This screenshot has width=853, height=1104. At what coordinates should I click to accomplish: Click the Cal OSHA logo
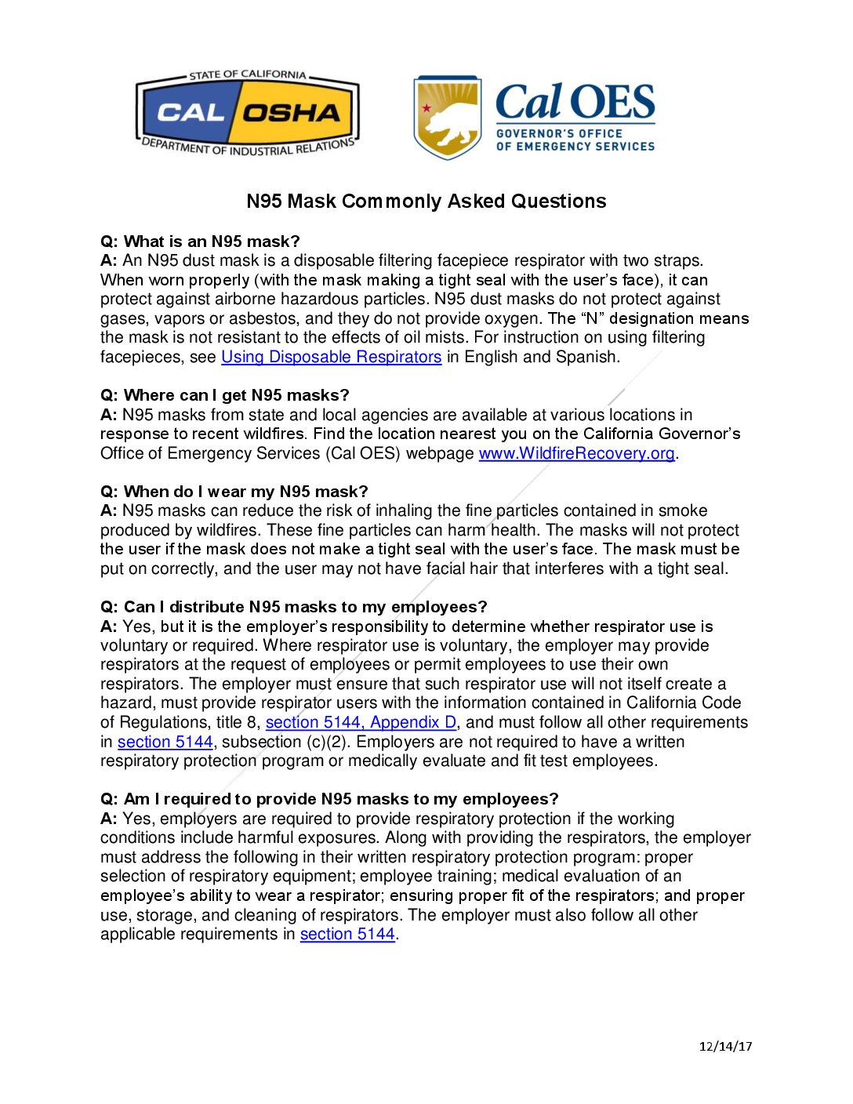click(x=248, y=113)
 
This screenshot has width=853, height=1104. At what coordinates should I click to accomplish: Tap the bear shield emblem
click(x=447, y=118)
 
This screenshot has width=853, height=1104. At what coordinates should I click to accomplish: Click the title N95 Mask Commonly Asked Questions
click(x=426, y=202)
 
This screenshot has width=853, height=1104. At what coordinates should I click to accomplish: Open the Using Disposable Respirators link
click(x=331, y=357)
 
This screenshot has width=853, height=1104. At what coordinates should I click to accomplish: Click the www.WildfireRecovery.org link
click(x=576, y=453)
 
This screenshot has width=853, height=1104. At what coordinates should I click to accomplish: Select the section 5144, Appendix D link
click(x=361, y=722)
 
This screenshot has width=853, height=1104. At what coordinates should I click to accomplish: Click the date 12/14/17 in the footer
click(x=725, y=1046)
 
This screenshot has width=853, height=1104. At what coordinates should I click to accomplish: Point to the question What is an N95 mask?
click(x=200, y=241)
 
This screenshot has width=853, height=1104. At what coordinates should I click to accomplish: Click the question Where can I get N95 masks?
click(x=225, y=395)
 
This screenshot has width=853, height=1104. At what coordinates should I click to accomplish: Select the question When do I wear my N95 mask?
click(x=234, y=492)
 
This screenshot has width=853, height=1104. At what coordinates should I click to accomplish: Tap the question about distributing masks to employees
click(x=294, y=607)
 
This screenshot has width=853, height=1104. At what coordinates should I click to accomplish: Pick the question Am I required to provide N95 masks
click(x=329, y=799)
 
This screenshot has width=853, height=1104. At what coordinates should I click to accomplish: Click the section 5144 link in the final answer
click(x=347, y=934)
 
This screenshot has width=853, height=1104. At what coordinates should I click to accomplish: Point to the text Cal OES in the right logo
click(x=575, y=103)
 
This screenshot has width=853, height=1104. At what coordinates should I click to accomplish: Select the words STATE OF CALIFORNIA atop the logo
click(x=248, y=74)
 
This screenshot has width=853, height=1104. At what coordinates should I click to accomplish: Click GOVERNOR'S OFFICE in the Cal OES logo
click(x=559, y=133)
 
